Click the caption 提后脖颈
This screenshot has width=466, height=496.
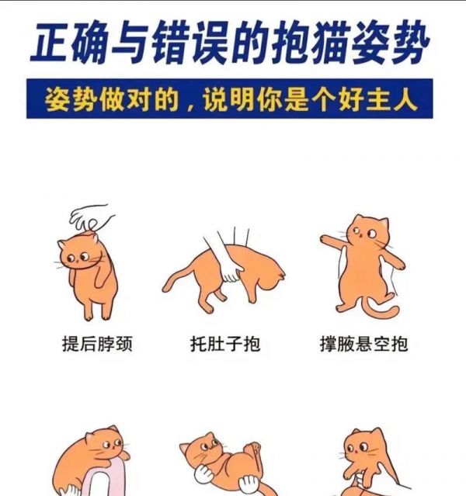point(97,344)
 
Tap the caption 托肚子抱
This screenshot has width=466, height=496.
point(225,344)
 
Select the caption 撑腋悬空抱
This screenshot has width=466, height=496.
point(363,344)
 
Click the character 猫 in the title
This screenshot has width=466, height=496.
point(331,42)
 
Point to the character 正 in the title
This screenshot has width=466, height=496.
point(50,42)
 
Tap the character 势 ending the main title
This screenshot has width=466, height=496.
point(409,42)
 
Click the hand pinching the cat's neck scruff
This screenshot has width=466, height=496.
point(91,217)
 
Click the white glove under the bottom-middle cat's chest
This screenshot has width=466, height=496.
point(203,473)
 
